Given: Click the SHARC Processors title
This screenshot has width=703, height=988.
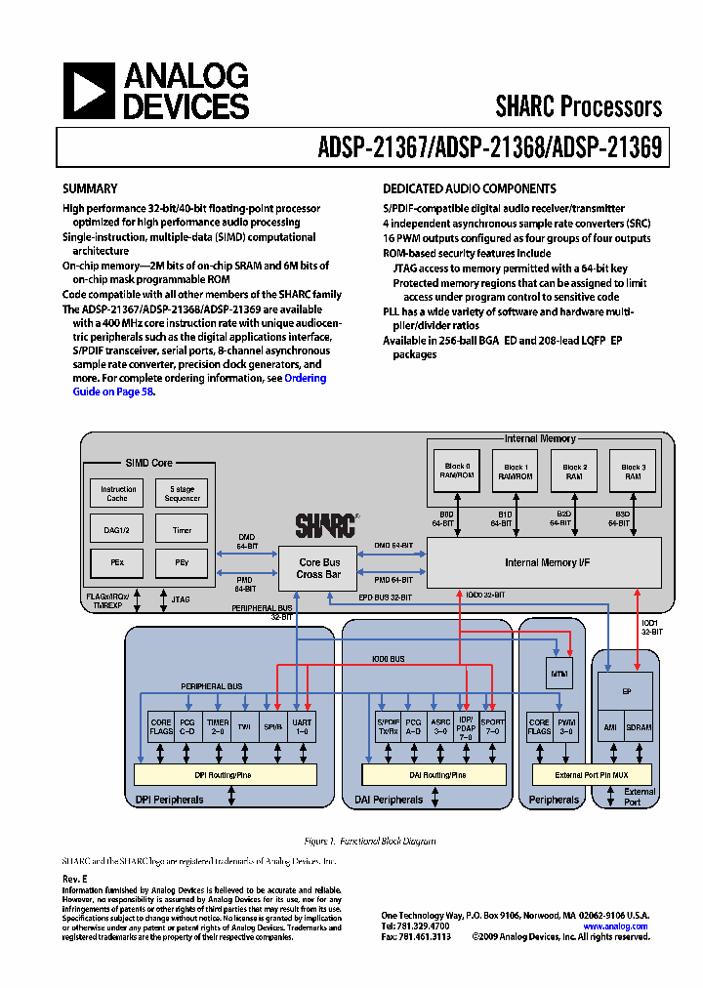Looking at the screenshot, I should tap(578, 106).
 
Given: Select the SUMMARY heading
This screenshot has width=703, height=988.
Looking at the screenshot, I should tap(90, 188).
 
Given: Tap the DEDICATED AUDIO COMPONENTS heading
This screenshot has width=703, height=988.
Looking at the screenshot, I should tap(469, 188).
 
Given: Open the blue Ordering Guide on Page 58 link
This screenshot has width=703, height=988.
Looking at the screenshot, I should tap(306, 378).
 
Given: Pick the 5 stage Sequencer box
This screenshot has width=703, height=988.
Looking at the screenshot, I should tap(182, 493).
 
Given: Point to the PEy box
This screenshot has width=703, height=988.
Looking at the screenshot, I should tap(182, 563).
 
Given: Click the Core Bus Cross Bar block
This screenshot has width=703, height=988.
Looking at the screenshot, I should tap(318, 568).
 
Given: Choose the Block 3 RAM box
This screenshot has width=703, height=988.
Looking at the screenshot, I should tap(633, 472).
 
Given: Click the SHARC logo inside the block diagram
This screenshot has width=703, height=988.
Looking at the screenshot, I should tap(325, 524).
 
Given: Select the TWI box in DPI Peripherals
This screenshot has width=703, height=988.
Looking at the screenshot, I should tap(245, 728).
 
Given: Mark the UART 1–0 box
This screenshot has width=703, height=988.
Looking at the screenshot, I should tap(302, 728).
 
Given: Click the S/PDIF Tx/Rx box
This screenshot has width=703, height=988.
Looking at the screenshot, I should tap(388, 728).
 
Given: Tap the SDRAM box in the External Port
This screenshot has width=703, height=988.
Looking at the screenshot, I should tap(640, 728).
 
